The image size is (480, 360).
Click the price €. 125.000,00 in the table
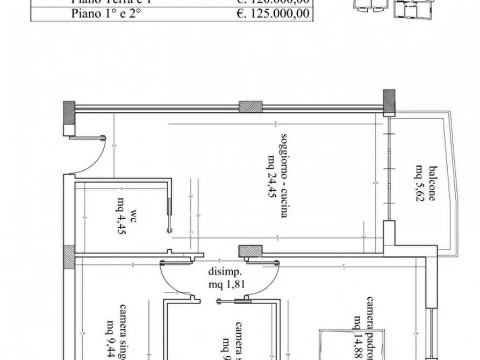click(x=273, y=13)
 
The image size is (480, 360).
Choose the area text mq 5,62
click(x=420, y=185)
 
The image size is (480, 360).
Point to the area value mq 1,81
click(x=227, y=285)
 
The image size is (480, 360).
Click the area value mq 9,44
click(x=110, y=339)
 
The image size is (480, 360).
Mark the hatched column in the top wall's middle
click(x=250, y=106)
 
